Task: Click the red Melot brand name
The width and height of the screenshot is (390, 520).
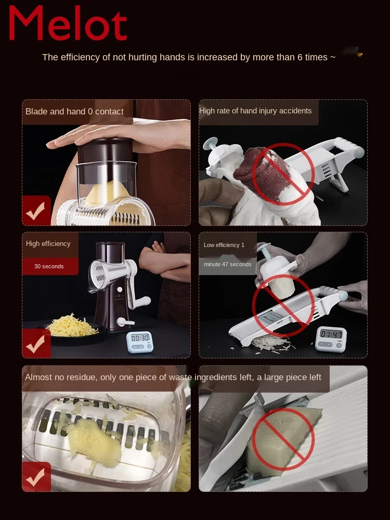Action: coord(68,23)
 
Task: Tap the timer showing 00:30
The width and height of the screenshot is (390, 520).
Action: coord(140,342)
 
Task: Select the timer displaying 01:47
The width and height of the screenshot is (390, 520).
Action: coord(331,339)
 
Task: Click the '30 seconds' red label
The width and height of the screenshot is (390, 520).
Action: coord(49,266)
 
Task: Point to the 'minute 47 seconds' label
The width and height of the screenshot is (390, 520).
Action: coord(228,264)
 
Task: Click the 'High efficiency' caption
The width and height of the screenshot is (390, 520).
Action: coord(48,244)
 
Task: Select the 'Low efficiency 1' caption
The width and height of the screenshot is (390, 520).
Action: coord(224,245)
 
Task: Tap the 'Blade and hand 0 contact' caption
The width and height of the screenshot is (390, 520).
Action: coord(74,111)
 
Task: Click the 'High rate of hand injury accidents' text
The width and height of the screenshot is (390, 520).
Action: coord(255,111)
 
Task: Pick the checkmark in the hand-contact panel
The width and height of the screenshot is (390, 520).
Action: coord(36,211)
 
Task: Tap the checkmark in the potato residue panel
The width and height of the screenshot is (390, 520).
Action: coord(36,477)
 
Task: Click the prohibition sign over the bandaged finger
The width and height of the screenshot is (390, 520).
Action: coord(283,174)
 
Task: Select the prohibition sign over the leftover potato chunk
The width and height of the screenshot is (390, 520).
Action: coord(283,439)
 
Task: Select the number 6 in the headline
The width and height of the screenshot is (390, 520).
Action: coord(300,57)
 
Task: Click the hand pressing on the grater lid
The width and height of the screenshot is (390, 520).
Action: coord(120,134)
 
